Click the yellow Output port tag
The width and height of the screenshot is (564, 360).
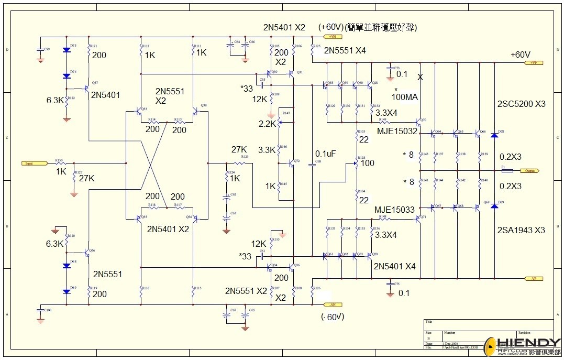coord(530,171)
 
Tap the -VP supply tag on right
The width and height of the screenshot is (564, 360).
coord(533,278)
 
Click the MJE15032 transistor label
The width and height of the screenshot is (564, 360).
coord(397,131)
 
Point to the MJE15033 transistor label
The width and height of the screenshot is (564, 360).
coord(394,210)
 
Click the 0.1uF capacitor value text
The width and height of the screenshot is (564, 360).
coord(326,154)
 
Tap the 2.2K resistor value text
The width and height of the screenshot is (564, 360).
coord(267,124)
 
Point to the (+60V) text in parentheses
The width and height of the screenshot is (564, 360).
coord(330,27)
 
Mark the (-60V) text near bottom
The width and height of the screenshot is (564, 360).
coord(333,317)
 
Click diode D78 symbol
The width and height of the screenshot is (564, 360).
coord(494,135)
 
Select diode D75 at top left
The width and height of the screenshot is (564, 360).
coord(66,50)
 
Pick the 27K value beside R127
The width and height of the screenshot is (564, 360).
coord(86,178)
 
